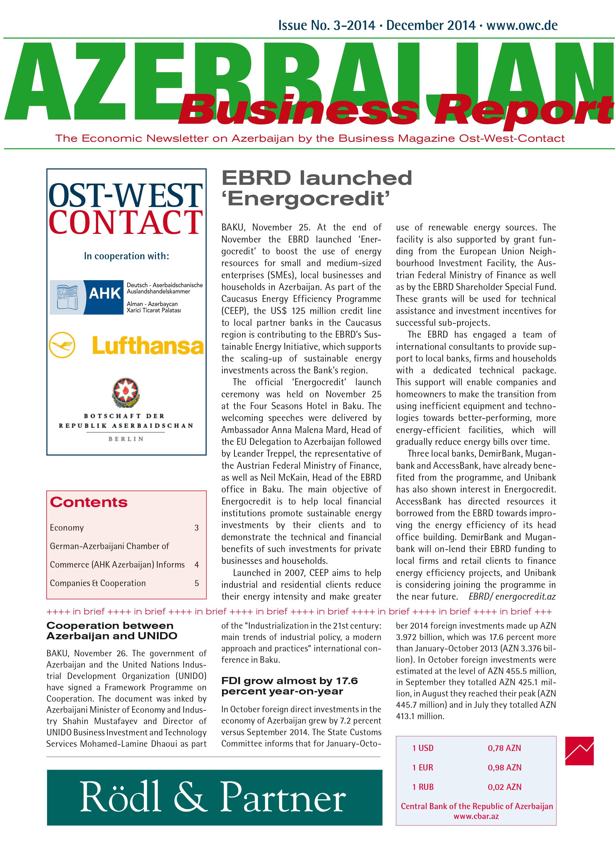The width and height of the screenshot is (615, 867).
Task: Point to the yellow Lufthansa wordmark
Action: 148,345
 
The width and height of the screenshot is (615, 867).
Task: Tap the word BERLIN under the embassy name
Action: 126,439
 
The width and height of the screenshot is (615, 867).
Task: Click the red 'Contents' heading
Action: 89,502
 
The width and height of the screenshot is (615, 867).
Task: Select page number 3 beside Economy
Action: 196,528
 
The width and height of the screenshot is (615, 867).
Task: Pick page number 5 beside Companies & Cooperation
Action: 197,583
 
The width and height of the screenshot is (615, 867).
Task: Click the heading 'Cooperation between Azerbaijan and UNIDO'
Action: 112,631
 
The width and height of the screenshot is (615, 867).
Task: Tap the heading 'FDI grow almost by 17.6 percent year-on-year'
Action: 289,686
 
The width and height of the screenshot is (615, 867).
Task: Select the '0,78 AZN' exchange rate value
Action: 504,748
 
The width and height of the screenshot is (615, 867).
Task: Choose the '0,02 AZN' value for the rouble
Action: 504,787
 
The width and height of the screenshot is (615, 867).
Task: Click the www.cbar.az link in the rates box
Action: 476,816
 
